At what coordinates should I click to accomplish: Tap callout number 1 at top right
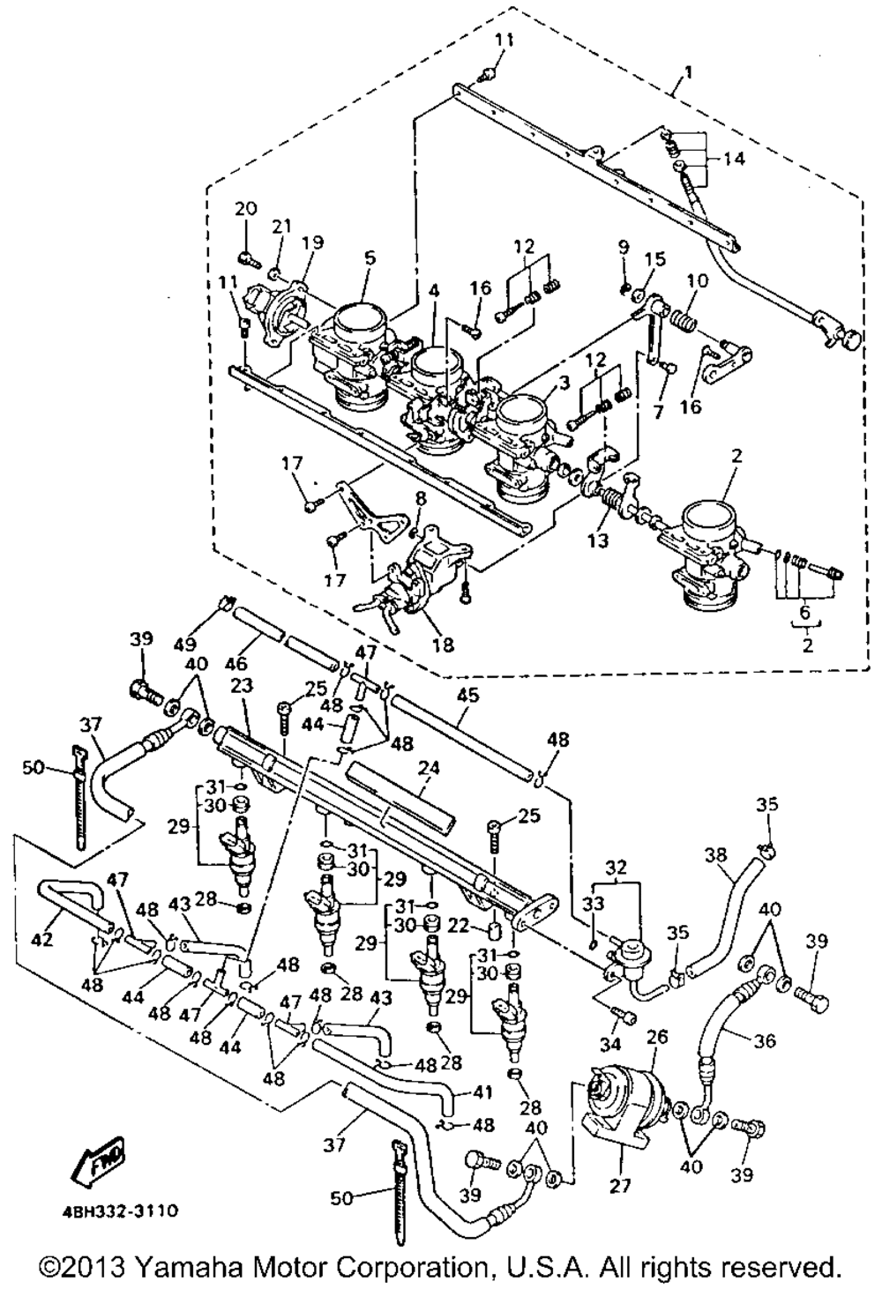pyautogui.click(x=690, y=73)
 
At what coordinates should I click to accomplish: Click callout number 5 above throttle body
pyautogui.click(x=369, y=258)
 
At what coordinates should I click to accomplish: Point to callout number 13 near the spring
pyautogui.click(x=599, y=541)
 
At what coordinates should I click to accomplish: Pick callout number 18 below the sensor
pyautogui.click(x=443, y=644)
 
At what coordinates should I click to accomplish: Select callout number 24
pyautogui.click(x=430, y=768)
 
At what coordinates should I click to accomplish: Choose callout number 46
pyautogui.click(x=236, y=664)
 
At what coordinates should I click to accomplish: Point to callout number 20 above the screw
pyautogui.click(x=246, y=208)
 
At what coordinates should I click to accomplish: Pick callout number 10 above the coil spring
pyautogui.click(x=699, y=281)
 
